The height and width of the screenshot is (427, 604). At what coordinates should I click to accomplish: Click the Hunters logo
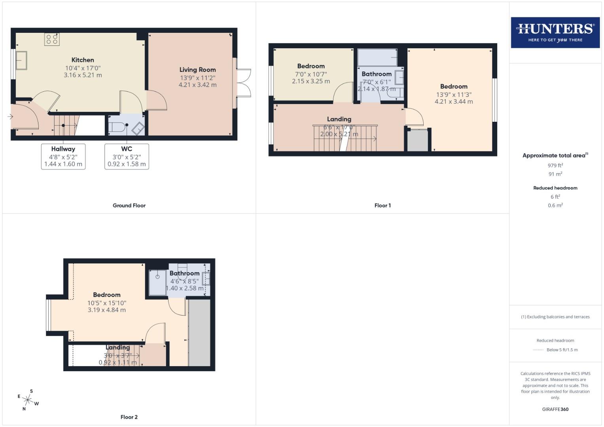555,32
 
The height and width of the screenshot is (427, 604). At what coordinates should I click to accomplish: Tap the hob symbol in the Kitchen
52,39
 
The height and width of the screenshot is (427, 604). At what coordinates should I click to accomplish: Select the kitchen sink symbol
21,60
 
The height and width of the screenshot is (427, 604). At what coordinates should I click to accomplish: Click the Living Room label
197,70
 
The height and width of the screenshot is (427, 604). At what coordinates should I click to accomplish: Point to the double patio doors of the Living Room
244,83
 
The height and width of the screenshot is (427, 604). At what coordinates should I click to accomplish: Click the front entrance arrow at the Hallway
10,117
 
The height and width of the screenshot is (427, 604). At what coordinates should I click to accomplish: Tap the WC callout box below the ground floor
127,157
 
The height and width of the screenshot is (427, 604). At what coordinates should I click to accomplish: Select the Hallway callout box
63,157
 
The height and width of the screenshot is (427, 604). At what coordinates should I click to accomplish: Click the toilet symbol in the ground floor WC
118,128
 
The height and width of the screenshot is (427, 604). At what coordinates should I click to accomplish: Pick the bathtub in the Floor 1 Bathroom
377,58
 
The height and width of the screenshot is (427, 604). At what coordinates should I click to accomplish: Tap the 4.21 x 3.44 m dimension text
454,102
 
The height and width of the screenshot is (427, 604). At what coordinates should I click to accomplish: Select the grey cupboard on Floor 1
418,140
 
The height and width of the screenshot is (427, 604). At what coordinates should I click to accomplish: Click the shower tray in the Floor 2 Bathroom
157,283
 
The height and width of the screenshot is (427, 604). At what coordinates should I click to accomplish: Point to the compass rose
28,400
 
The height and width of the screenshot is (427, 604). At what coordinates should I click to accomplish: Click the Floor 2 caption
129,417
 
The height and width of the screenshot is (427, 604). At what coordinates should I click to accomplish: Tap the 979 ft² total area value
555,165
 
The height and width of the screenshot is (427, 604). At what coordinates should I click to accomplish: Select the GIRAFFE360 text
555,409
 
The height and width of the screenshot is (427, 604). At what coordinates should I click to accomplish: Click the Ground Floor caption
129,206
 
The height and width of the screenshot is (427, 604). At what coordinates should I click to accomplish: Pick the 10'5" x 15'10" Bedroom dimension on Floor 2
107,303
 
